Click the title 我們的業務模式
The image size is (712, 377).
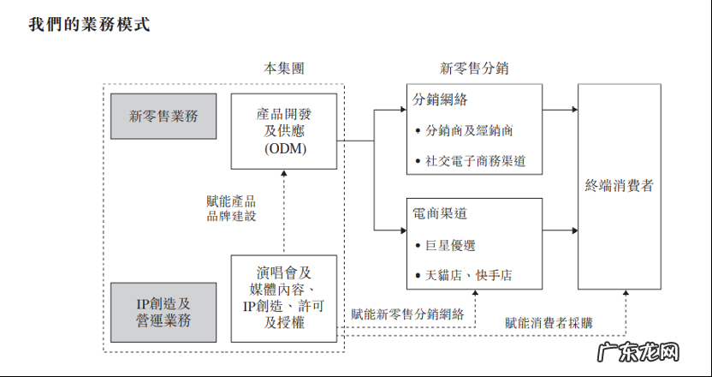89,24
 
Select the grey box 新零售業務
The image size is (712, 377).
163,117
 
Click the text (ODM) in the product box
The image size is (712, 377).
284,149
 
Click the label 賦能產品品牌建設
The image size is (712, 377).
231,209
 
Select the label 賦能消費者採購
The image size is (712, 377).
549,322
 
